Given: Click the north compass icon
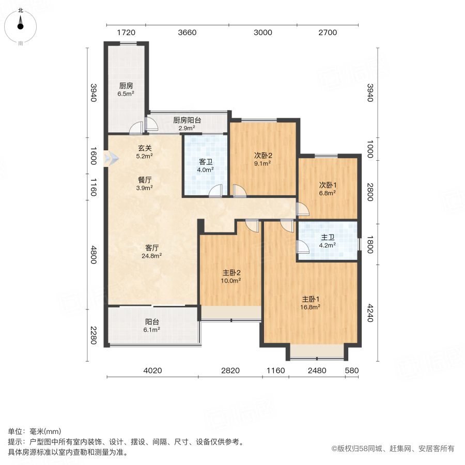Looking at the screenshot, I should pos(21,23).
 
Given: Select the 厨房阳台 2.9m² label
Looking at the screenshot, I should pos(187,123).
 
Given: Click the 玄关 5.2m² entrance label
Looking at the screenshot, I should pos(145,151).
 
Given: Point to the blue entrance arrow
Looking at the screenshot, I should pos(107,159).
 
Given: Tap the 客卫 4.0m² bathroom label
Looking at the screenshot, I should pos(206,165).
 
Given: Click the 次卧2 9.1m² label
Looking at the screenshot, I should pos(262,159).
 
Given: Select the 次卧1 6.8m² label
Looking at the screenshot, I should pos(327,189).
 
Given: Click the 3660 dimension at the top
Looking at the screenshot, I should pos(187,33).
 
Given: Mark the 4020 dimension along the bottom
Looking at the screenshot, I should pos(152,370).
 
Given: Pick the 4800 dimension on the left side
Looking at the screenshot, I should pos(94,255).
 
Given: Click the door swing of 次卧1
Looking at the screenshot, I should pos(303,209).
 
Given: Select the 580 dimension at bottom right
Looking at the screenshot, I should pos(352,370).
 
